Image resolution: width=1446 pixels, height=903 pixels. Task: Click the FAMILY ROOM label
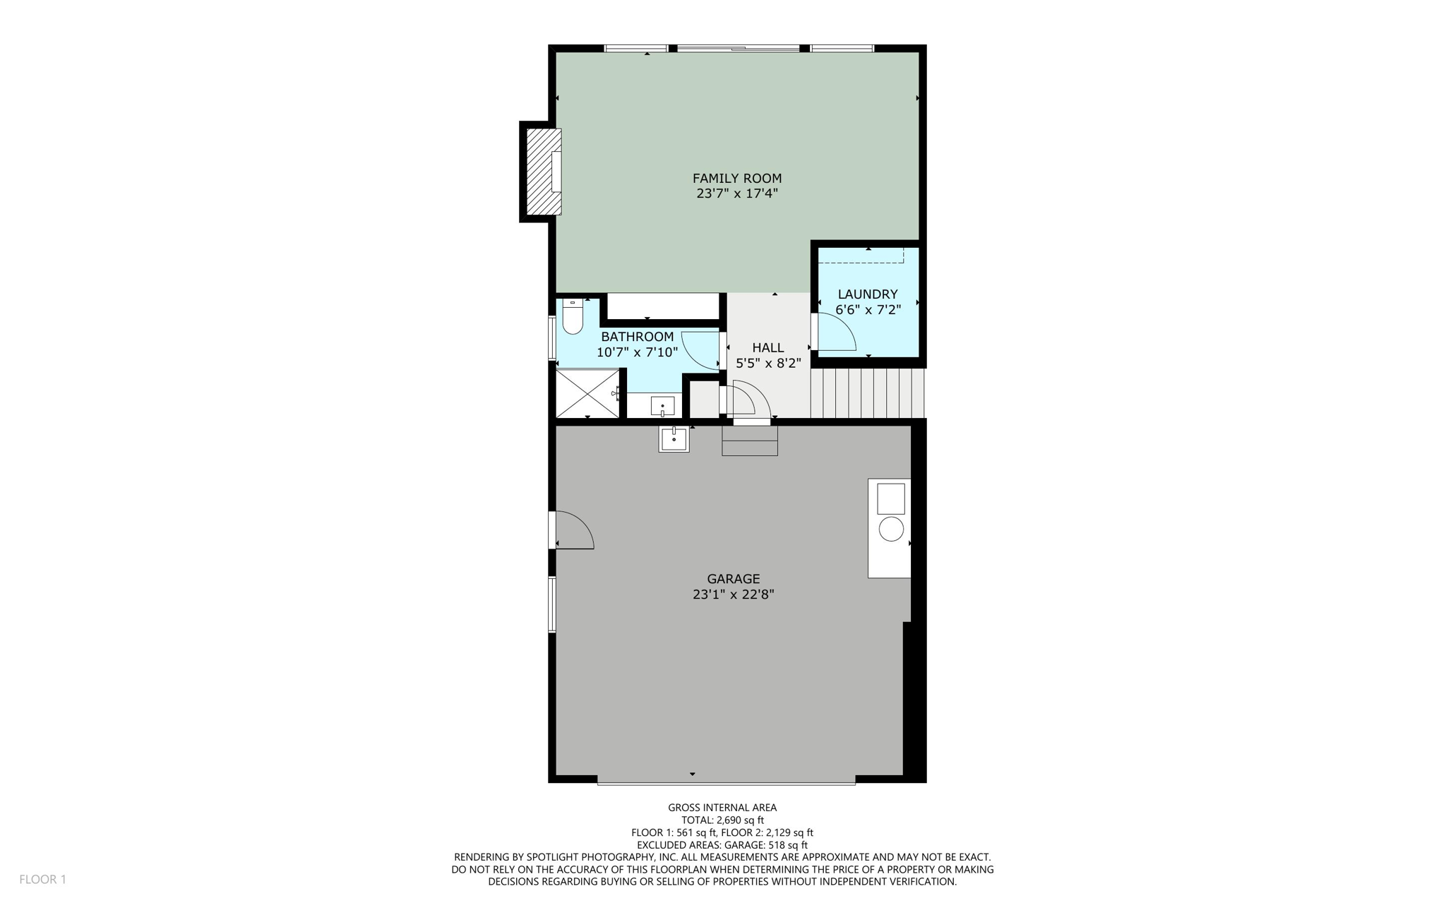click(x=736, y=179)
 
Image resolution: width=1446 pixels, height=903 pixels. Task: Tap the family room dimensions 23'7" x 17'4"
click(x=736, y=193)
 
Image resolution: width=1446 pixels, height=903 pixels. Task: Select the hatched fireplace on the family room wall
click(x=541, y=172)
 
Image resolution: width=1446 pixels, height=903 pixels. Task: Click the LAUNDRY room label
click(x=867, y=294)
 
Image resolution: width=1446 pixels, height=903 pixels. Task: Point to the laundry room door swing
click(x=835, y=333)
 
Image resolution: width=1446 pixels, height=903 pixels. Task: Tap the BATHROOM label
click(x=637, y=337)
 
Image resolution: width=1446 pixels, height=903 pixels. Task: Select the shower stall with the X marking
click(x=587, y=393)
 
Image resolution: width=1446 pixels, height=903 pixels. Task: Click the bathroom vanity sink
click(x=662, y=407)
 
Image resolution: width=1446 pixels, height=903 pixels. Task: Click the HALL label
click(x=767, y=347)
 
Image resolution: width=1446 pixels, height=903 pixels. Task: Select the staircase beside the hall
click(x=868, y=393)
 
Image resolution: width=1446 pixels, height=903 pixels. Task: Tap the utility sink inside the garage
click(x=674, y=438)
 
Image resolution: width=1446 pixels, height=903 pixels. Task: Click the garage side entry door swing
click(x=574, y=530)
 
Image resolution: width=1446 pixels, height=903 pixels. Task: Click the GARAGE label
click(x=733, y=579)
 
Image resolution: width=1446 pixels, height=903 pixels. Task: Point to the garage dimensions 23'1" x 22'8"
click(x=733, y=594)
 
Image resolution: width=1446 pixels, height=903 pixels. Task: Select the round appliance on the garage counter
click(x=891, y=529)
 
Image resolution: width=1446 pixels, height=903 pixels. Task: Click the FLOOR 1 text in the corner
click(x=42, y=879)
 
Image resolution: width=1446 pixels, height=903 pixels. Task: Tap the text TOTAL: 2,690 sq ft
click(x=722, y=820)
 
